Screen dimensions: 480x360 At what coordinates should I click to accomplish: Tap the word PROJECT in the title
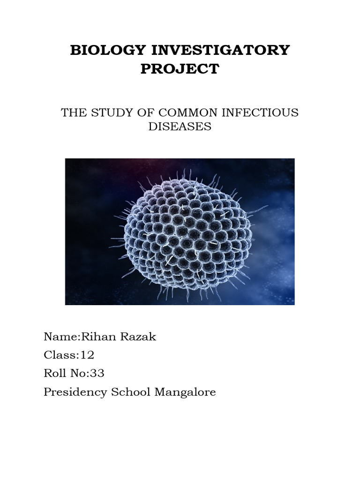(x=180, y=69)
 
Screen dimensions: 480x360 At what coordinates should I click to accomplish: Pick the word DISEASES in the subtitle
(x=180, y=127)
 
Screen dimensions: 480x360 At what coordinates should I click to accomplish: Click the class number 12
(x=88, y=355)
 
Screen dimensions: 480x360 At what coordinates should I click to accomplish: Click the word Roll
(x=53, y=374)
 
